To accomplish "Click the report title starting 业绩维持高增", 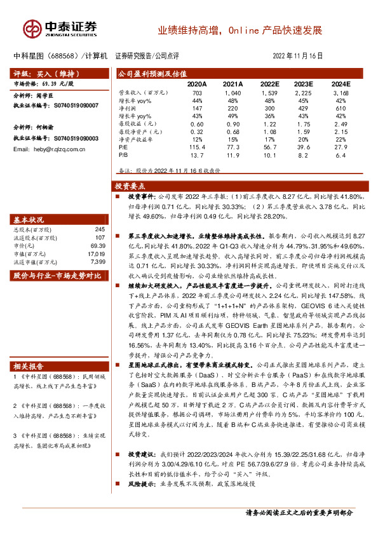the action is pos(240,30).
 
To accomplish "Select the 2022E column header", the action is pos(270,84).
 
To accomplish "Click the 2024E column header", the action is pos(341,84).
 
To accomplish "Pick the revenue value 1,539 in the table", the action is pos(270,93).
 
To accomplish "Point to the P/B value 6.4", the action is pos(341,154).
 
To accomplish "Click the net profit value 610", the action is pos(341,109).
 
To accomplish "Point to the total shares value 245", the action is pos(99,229).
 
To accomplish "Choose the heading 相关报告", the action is pos(29,366).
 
